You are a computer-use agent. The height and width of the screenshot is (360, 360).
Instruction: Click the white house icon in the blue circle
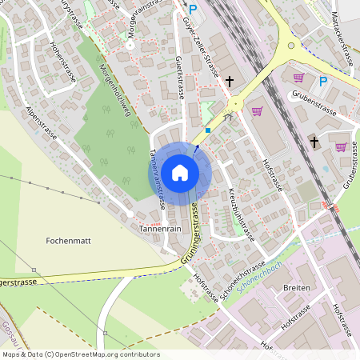pyautogui.click(x=180, y=172)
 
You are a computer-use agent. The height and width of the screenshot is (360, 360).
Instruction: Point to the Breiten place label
pyautogui.click(x=296, y=290)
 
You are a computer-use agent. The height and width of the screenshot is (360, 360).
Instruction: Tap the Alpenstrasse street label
pyautogui.click(x=42, y=124)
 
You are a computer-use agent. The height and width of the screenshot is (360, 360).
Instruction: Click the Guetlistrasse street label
pyautogui.click(x=180, y=76)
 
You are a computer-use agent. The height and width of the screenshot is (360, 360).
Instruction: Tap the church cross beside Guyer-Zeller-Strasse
pyautogui.click(x=230, y=82)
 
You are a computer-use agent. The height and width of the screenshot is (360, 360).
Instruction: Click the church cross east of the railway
pyautogui.click(x=314, y=142)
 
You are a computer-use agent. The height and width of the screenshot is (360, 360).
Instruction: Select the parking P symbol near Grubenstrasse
pyautogui.click(x=323, y=81)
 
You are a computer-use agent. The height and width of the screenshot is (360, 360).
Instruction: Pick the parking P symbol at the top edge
pyautogui.click(x=192, y=9)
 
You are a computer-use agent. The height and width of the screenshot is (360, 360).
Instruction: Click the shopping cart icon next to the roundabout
pyautogui.click(x=258, y=111)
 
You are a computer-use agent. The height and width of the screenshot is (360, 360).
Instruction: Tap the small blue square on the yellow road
pyautogui.click(x=208, y=129)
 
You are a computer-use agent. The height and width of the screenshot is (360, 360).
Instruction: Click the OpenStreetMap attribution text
pyautogui.click(x=80, y=354)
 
